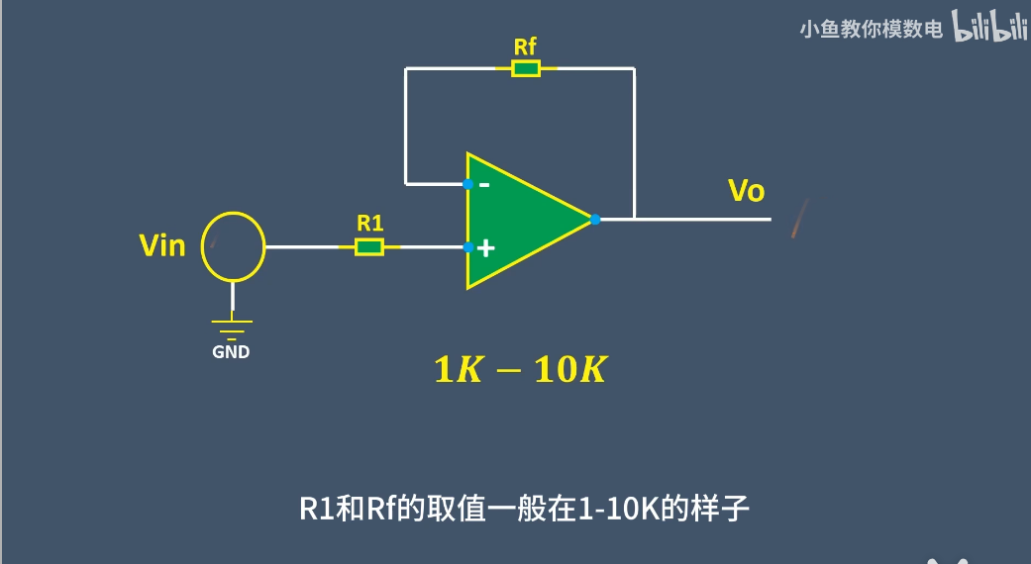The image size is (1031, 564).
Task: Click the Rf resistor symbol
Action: pos(526,68)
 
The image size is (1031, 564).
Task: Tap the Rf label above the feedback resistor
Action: pos(526,47)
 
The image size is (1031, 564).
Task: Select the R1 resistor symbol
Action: pos(369,246)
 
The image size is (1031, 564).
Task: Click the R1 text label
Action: pos(369,224)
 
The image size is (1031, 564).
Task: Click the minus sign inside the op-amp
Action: pos(484,184)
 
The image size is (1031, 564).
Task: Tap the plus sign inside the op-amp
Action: pos(484,248)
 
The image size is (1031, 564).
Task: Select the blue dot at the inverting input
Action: pos(467,184)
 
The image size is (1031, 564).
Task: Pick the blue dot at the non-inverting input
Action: pos(467,247)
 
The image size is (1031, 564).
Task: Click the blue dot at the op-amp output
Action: pos(594,220)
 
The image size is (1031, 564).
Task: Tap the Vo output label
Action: pos(746,191)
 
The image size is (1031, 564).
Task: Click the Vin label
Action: pos(162,245)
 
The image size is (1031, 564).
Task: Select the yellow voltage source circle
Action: pos(234,246)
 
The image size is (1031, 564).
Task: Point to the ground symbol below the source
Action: pos(233,326)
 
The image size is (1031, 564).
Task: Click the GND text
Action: pos(232,351)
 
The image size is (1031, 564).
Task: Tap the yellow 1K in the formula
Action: pos(456,370)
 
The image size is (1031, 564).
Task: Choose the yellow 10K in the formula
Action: pos(569,370)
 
